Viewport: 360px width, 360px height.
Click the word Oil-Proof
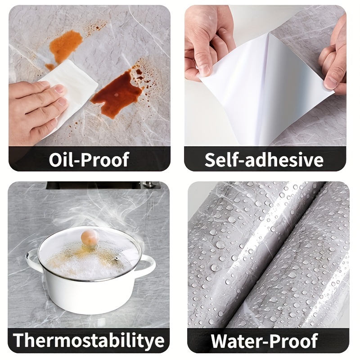89,160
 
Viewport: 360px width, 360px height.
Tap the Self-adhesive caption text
264,160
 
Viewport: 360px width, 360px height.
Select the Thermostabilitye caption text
89,340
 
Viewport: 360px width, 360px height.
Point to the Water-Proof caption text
265,341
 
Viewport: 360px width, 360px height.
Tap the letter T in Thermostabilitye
19,340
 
